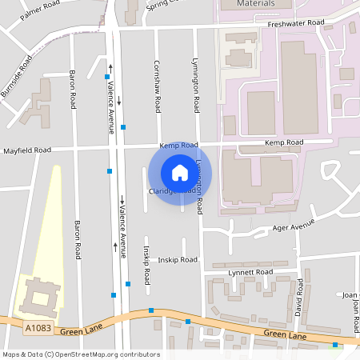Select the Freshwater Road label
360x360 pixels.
click(298, 23)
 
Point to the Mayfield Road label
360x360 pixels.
click(27, 150)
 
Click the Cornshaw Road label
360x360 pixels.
click(158, 80)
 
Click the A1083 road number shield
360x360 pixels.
click(38, 328)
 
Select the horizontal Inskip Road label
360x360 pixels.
click(177, 259)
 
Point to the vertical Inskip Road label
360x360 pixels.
click(147, 266)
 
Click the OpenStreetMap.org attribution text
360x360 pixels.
click(106, 354)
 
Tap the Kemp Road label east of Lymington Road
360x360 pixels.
click(285, 142)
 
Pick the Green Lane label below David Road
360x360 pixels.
click(285, 335)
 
